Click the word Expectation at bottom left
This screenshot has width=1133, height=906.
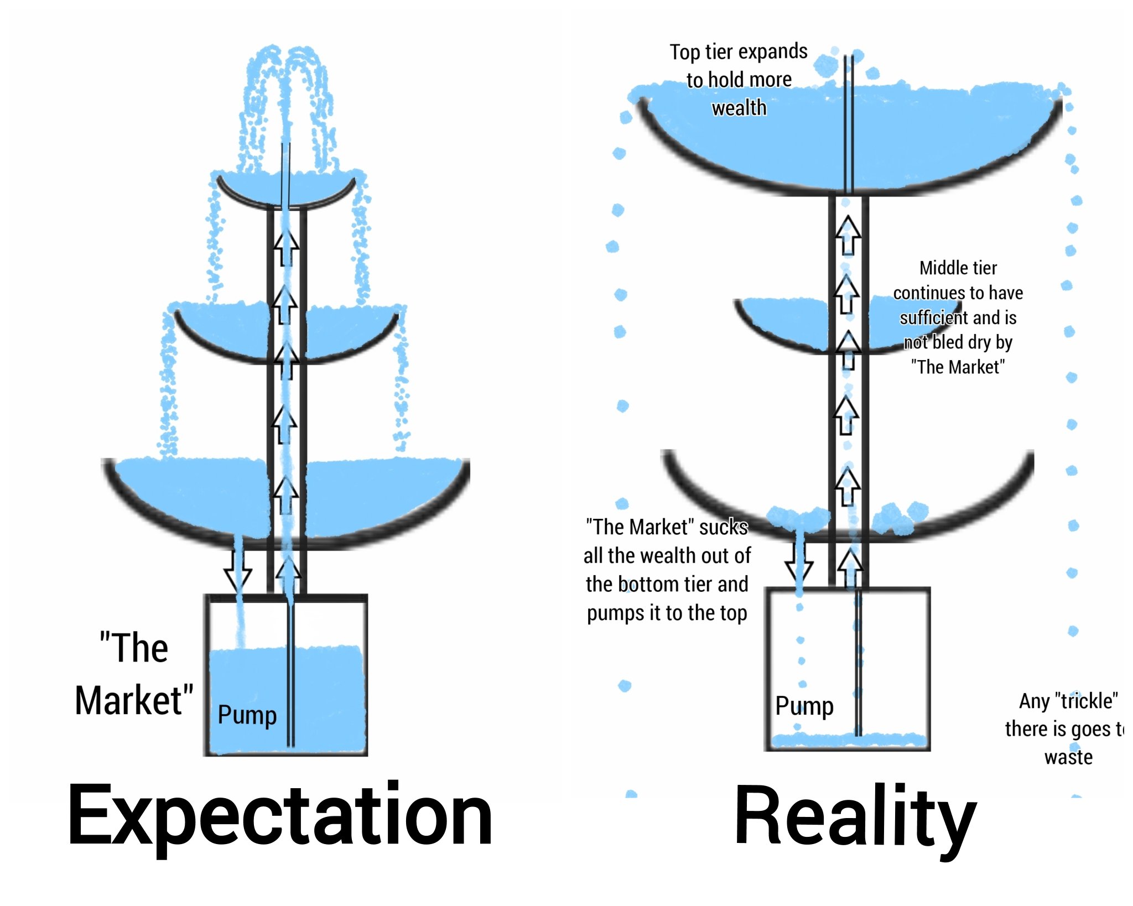coord(279,816)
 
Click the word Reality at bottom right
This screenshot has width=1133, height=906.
coord(855,818)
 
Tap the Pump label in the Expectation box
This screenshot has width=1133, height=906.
coord(247,715)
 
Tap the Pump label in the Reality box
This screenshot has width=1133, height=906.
coord(804,706)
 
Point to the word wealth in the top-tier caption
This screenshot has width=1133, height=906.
coord(739,108)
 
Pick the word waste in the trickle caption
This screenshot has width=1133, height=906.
coord(1068,757)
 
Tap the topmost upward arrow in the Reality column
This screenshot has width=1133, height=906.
coord(848,235)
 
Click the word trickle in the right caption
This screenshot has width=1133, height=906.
coord(1086,701)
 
